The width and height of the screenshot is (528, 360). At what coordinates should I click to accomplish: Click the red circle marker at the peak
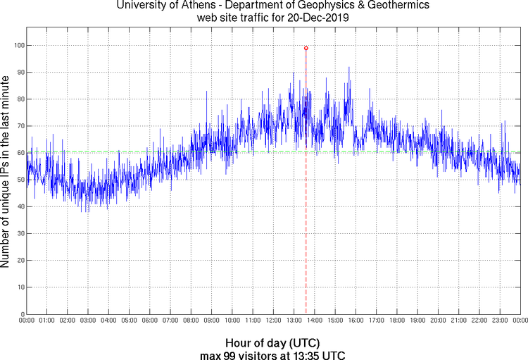coord(306,48)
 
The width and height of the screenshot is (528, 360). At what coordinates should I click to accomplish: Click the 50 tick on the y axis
coord(18,180)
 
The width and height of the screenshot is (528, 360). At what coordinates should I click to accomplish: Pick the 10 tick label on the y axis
coord(18,287)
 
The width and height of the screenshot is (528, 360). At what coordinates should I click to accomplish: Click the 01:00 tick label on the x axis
coord(47,321)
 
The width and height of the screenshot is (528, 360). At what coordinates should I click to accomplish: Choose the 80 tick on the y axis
coord(18,99)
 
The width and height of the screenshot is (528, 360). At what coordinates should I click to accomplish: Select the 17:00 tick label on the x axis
coord(376,321)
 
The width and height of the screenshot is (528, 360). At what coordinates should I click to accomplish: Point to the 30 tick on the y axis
coord(18,234)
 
